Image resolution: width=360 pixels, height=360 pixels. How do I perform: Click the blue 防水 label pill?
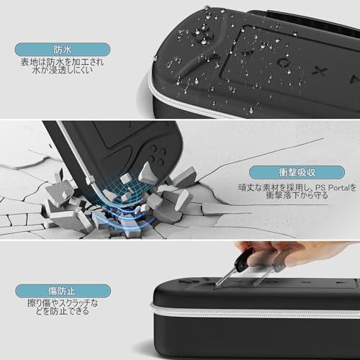[x=63, y=50]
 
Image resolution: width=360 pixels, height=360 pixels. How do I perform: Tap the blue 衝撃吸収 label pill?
[x=297, y=172]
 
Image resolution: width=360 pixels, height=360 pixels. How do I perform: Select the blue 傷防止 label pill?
[x=63, y=291]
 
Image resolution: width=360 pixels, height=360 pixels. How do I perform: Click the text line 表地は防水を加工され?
[x=62, y=62]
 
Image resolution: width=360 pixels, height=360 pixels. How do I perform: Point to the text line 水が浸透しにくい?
[x=63, y=70]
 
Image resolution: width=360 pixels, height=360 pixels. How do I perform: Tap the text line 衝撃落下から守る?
[x=297, y=195]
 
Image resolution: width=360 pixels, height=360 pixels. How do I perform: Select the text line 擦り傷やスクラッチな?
[x=63, y=303]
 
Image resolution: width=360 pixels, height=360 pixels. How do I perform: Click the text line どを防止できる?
[x=63, y=311]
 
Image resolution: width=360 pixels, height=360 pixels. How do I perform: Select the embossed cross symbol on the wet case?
[x=320, y=71]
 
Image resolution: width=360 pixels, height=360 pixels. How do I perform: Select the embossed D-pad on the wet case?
[x=201, y=36]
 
